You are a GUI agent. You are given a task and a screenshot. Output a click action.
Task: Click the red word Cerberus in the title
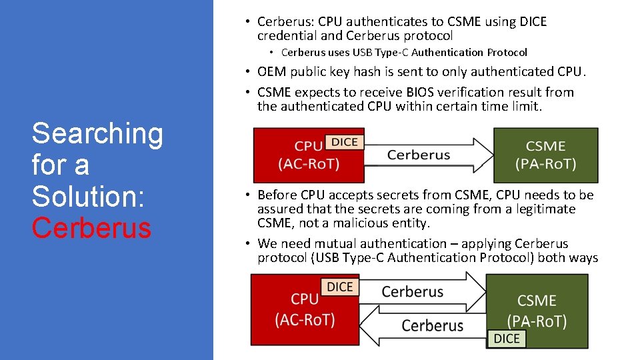(x=91, y=228)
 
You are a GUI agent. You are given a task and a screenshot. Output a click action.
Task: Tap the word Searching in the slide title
(x=97, y=133)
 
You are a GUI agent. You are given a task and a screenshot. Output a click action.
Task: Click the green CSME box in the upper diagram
(x=545, y=155)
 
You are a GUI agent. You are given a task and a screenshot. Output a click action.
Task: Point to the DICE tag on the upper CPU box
(x=344, y=141)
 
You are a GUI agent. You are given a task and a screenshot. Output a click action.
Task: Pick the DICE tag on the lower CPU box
(x=340, y=287)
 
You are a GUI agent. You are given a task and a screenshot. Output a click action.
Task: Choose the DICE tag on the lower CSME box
(x=506, y=339)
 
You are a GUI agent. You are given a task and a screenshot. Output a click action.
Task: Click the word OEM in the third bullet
(x=271, y=71)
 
